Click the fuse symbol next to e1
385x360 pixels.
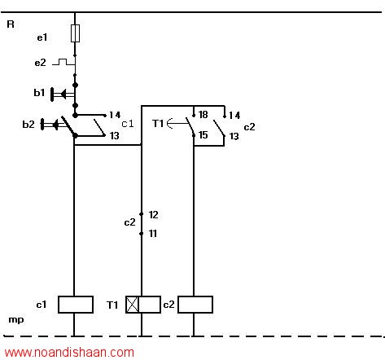click(x=75, y=33)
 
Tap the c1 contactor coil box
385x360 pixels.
click(x=76, y=305)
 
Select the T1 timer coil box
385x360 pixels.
click(x=143, y=305)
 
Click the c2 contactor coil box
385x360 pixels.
click(x=195, y=305)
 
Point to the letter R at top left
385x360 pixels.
click(x=11, y=24)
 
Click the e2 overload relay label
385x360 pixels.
click(x=40, y=63)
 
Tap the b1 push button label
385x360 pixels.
click(x=39, y=93)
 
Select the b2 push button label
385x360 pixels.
click(x=28, y=125)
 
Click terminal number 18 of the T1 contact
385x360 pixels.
click(x=203, y=115)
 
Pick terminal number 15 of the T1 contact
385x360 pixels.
click(x=203, y=135)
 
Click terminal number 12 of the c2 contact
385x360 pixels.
click(x=153, y=215)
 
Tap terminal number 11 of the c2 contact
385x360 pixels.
click(x=153, y=234)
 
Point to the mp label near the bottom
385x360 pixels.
click(x=16, y=320)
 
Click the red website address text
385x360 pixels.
click(x=69, y=353)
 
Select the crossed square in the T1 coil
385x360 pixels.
click(x=132, y=305)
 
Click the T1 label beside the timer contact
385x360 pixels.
click(x=158, y=124)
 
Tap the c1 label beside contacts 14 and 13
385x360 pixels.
click(x=128, y=124)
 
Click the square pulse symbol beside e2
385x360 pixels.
click(x=63, y=62)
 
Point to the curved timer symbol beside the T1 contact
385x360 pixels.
click(x=169, y=124)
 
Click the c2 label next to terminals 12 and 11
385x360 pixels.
click(x=129, y=222)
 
